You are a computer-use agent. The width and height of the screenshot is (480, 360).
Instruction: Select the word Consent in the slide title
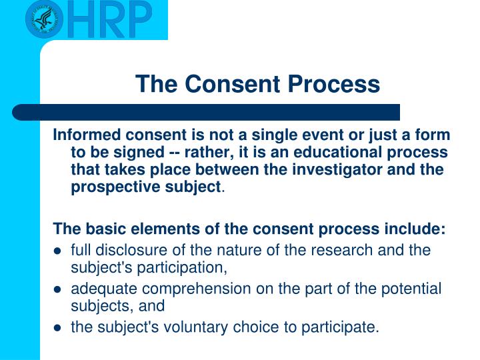(x=226, y=85)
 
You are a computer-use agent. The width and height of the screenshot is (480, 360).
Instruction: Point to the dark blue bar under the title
(x=207, y=111)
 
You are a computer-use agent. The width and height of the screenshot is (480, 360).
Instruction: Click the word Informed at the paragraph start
(x=83, y=135)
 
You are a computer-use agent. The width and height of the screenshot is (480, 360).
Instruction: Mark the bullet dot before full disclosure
(x=58, y=251)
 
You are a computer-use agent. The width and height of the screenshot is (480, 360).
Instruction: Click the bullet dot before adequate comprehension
(x=58, y=290)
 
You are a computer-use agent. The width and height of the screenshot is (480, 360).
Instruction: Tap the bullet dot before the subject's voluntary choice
(x=58, y=328)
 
